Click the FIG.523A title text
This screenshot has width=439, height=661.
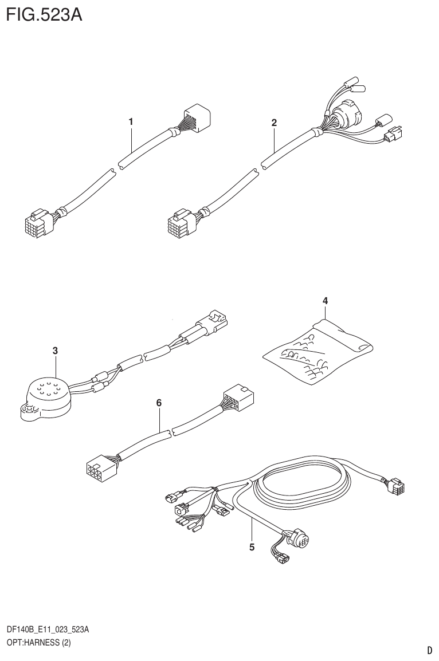tap(44, 14)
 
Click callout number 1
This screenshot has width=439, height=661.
tap(131, 121)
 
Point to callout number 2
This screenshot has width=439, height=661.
tap(274, 123)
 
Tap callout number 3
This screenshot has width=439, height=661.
tap(55, 350)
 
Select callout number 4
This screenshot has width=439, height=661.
tap(325, 300)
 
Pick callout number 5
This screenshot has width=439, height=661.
tap(252, 547)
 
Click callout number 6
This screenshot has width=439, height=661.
tap(159, 403)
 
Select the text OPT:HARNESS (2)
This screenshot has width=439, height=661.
tap(38, 643)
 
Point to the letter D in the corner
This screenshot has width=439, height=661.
tap(429, 651)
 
